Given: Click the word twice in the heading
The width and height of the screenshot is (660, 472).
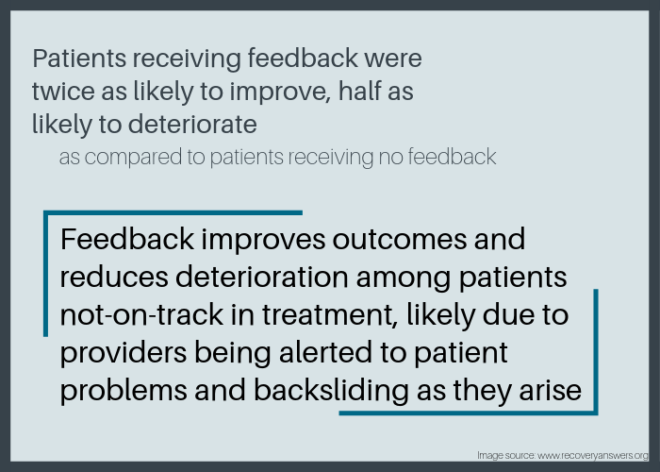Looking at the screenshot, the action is click(x=63, y=91).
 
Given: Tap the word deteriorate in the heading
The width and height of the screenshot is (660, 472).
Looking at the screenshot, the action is click(x=192, y=125).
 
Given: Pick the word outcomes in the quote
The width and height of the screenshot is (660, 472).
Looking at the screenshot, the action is click(x=400, y=240).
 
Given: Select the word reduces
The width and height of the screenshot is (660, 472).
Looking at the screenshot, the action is click(x=114, y=278).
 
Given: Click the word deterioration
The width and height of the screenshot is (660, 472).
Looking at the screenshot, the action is click(x=262, y=278).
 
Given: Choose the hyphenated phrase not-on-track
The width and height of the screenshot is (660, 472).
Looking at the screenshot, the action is click(x=141, y=315).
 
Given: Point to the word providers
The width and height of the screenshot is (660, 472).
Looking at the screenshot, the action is click(x=124, y=353).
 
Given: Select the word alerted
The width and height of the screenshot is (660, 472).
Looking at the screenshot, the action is click(x=325, y=352).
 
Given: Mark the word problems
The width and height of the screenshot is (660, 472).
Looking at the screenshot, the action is click(x=124, y=390).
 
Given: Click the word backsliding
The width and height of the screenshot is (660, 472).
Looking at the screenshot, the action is click(x=331, y=390).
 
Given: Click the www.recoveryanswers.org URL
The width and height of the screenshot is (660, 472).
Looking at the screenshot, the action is click(x=593, y=456).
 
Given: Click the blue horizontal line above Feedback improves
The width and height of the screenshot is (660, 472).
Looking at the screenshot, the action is click(x=173, y=212).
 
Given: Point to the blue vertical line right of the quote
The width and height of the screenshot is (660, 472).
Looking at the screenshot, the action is click(x=596, y=352).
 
